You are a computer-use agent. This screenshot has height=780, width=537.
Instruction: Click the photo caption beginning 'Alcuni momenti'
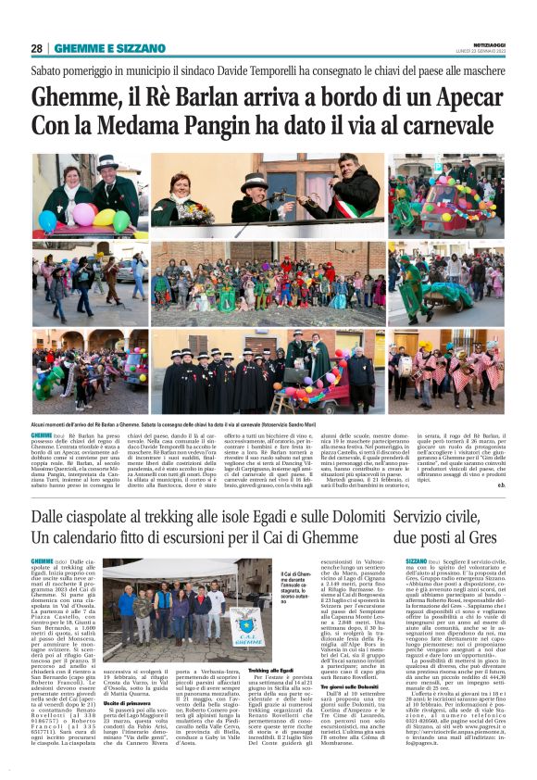click(185, 421)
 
